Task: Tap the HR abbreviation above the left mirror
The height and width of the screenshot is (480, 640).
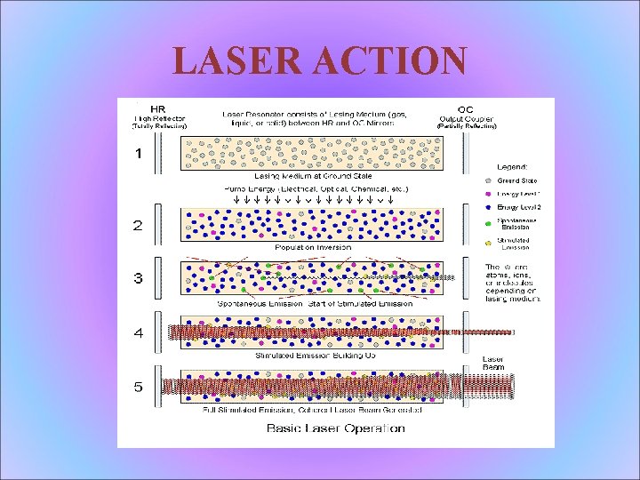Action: point(157,110)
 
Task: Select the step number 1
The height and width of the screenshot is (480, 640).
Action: point(137,154)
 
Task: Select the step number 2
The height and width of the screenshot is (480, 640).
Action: point(137,226)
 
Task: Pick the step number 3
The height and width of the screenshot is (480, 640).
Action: point(137,278)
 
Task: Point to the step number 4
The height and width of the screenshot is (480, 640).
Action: point(137,333)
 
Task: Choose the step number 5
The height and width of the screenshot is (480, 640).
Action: point(137,387)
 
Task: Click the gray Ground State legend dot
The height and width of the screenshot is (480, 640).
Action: point(489,181)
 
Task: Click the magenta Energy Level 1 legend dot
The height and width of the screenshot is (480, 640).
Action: point(489,194)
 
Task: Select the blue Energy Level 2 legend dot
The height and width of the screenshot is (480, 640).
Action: point(489,207)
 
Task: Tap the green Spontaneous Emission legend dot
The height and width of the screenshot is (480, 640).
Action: point(489,223)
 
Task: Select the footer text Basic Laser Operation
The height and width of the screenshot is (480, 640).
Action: point(336,428)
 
